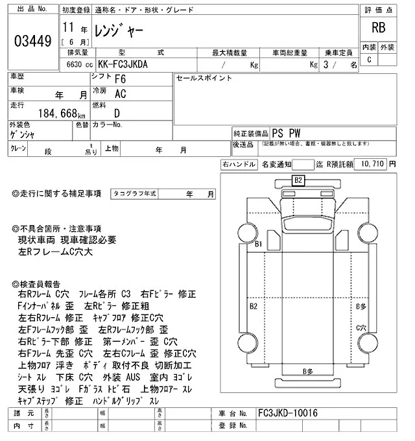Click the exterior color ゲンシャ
click(x=24, y=134)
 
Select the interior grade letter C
click(x=369, y=60)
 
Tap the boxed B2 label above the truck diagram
click(x=298, y=180)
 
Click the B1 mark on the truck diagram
click(x=258, y=244)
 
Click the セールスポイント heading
click(x=204, y=78)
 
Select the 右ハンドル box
click(x=238, y=165)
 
